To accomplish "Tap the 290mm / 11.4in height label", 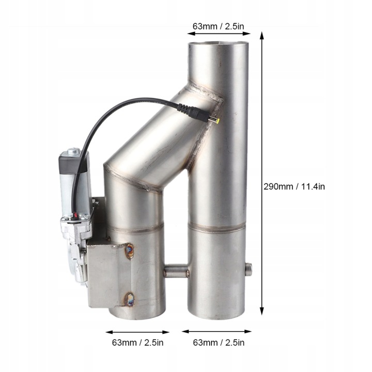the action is [x=294, y=187].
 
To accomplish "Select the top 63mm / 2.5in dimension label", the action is [x=218, y=26].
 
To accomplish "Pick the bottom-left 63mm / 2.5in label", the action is [x=137, y=343].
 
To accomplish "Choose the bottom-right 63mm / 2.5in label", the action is [x=219, y=343].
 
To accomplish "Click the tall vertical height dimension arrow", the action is [x=261, y=174].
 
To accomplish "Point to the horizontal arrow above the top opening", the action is [x=219, y=34].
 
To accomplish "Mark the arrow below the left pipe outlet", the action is [x=137, y=332].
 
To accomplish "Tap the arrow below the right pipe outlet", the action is [x=216, y=331].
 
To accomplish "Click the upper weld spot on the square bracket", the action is [x=130, y=251].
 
